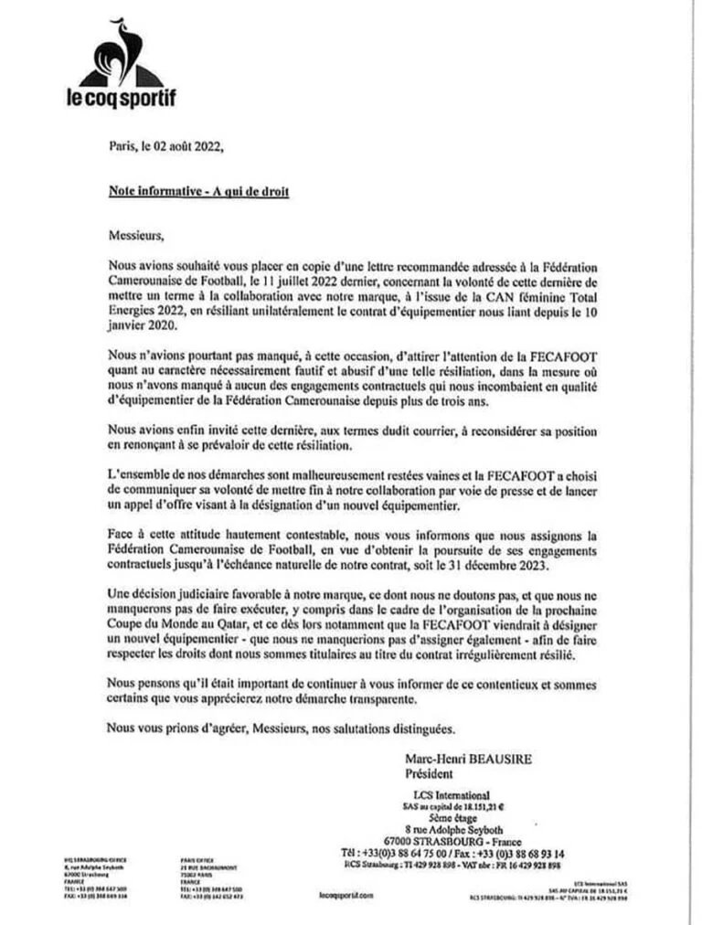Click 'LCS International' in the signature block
[451, 794]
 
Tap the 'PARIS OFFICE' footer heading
[198, 860]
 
